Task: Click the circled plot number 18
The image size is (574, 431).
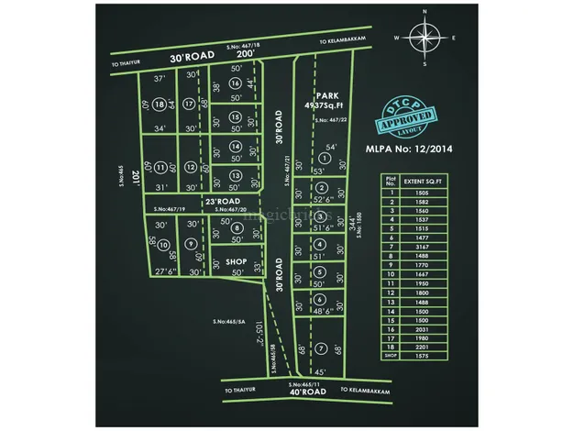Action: click(160, 105)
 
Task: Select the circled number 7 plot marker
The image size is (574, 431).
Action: click(321, 348)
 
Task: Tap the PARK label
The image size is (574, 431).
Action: click(328, 95)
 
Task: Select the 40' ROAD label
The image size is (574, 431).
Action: click(306, 392)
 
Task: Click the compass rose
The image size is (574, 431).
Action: click(425, 39)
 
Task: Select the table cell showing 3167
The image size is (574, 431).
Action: click(422, 245)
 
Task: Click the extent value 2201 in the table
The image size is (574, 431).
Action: click(422, 348)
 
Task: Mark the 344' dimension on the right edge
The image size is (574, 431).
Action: click(351, 223)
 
